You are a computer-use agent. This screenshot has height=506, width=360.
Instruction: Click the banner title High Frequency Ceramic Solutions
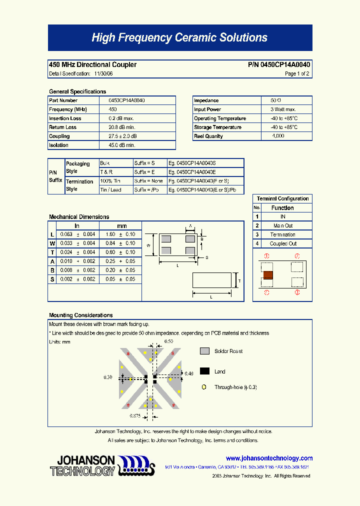coord(179,38)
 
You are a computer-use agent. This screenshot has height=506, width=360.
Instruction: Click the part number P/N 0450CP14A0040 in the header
coord(279,65)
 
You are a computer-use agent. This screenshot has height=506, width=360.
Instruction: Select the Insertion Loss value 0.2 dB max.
coord(121,118)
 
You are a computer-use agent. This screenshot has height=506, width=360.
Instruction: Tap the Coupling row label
coord(59,136)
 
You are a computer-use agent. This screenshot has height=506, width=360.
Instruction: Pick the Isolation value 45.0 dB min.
coord(122,145)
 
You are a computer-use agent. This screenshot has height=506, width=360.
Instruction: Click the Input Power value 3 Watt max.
coord(283,109)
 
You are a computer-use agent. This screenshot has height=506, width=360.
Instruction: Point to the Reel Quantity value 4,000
coord(278,136)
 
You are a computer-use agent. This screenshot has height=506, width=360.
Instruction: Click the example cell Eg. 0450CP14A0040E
coord(193,172)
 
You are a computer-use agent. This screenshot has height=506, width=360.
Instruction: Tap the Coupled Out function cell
coord(283,244)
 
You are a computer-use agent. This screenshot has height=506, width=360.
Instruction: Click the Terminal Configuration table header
coord(282,198)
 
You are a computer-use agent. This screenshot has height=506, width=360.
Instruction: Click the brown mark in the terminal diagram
coord(268,274)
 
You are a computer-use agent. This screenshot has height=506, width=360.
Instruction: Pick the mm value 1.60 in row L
coord(110,234)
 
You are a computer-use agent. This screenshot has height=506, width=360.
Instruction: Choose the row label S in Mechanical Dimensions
coord(52,279)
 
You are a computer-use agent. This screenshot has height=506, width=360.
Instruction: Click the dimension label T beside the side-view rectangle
coord(239,281)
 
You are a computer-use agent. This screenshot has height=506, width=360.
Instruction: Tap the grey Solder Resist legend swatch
coord(204,351)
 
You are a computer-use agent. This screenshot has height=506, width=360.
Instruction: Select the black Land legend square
coord(204,371)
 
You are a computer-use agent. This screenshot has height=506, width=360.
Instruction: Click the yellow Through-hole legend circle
coord(204,387)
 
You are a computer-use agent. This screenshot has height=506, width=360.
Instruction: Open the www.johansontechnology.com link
coord(269,458)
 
